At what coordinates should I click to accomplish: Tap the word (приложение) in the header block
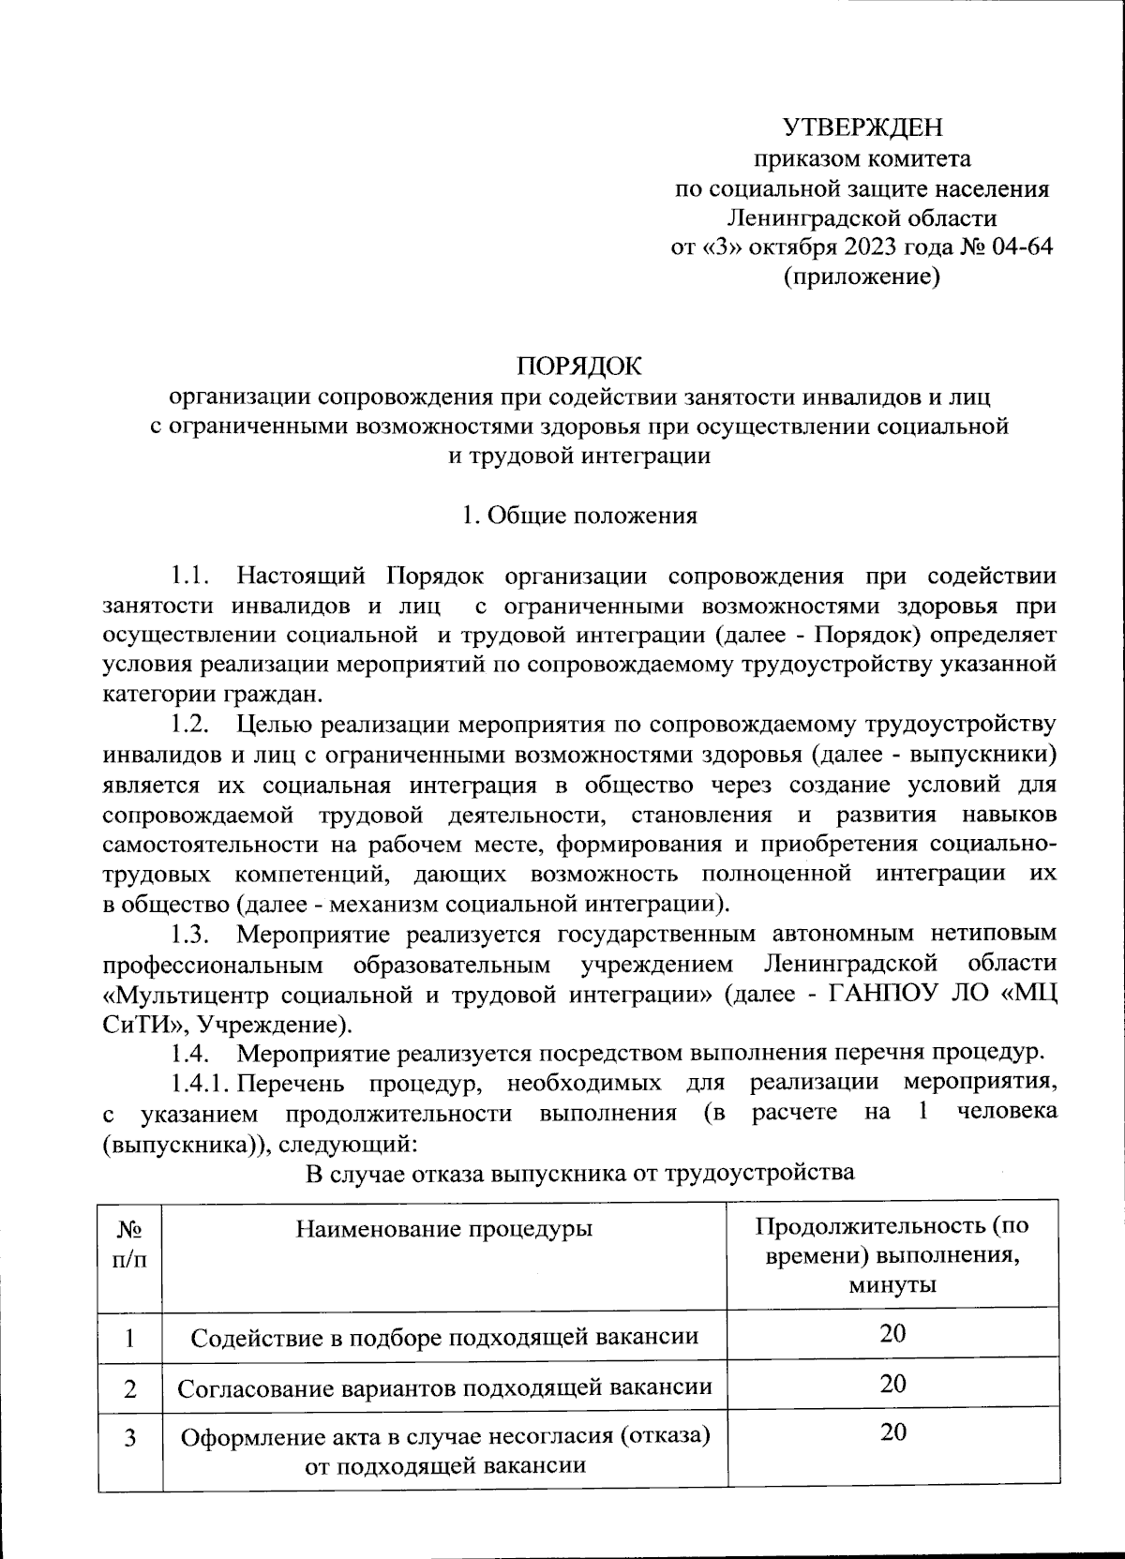tap(862, 277)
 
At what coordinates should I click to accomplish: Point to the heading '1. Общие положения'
tap(579, 516)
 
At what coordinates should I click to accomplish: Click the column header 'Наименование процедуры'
tap(444, 1228)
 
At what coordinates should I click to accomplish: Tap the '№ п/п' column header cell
tap(129, 1242)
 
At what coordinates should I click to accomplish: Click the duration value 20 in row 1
tap(892, 1333)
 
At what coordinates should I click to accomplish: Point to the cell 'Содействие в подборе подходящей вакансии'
tap(444, 1337)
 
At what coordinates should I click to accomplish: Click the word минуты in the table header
tap(892, 1284)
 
